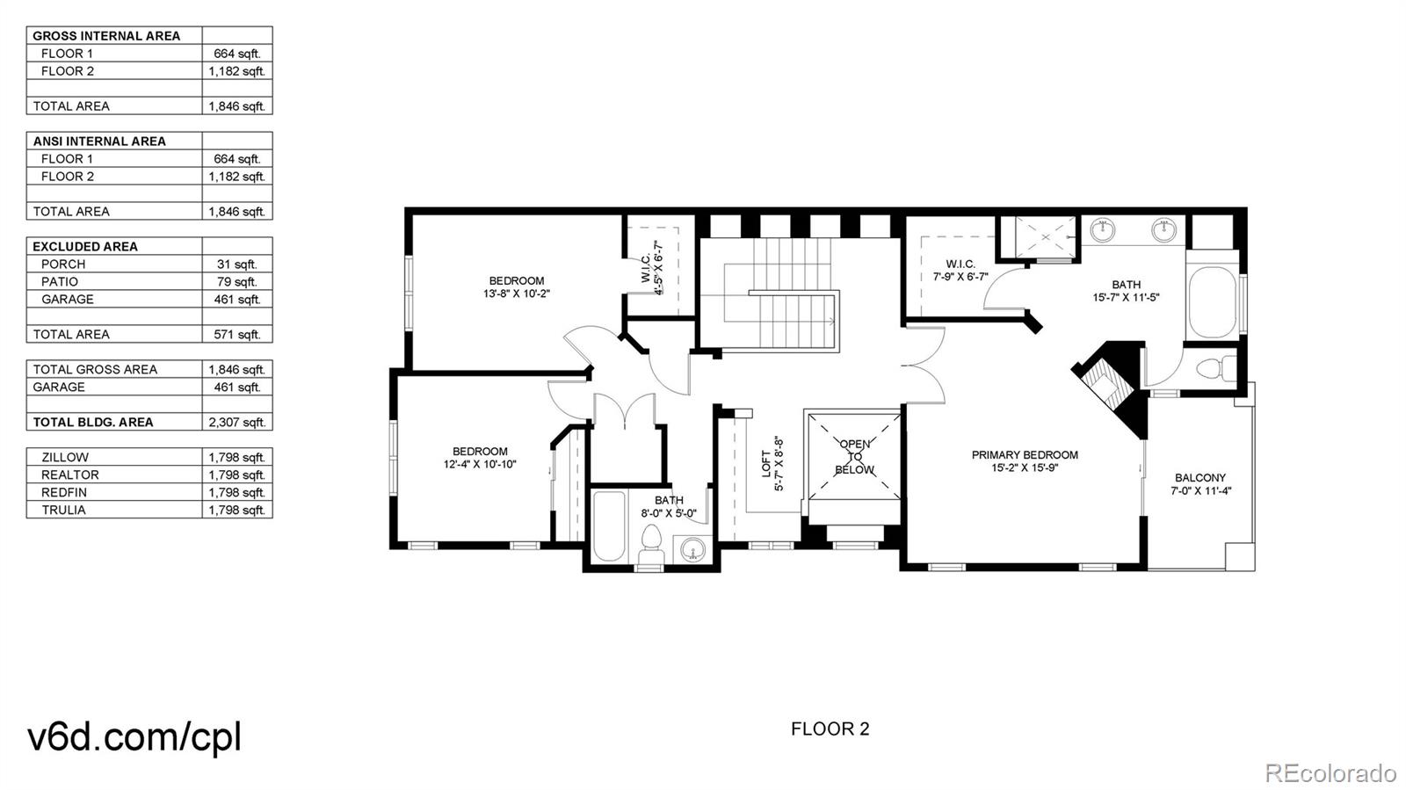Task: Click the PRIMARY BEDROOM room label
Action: (1025, 455)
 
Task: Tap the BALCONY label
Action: (1199, 478)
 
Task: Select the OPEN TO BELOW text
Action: (854, 457)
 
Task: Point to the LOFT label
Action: (766, 463)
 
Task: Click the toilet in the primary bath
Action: (1216, 366)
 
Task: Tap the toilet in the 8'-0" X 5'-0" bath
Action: (651, 544)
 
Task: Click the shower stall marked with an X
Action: (1045, 236)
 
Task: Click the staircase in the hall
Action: (778, 294)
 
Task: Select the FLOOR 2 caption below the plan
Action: (830, 728)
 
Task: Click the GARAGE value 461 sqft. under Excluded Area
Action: (236, 299)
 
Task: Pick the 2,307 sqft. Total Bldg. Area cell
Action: (236, 422)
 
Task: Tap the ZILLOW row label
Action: (65, 457)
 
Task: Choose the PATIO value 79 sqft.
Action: (236, 281)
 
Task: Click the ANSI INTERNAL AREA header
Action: (99, 141)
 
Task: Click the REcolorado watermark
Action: (1330, 773)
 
